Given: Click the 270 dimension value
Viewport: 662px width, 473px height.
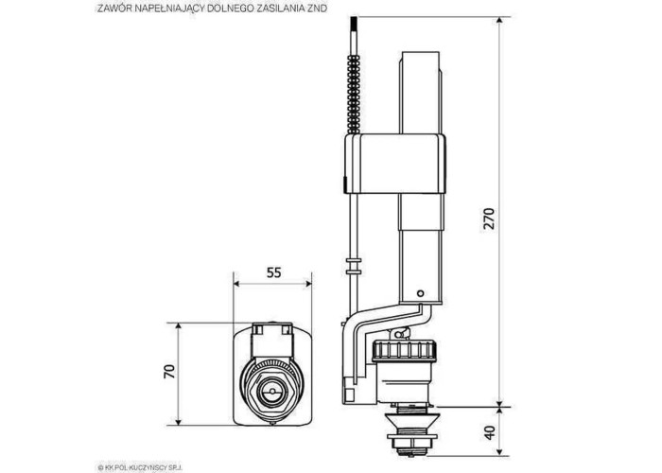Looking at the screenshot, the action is tap(489, 218).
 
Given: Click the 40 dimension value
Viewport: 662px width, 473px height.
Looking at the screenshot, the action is tap(489, 432).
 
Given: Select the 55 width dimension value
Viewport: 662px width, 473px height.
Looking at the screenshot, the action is tap(273, 272).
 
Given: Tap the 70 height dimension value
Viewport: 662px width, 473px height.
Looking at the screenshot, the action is tap(169, 371).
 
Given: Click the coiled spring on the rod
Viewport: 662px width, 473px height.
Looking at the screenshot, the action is tap(354, 95).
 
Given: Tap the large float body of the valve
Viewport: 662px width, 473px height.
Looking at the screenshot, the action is tap(395, 164).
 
